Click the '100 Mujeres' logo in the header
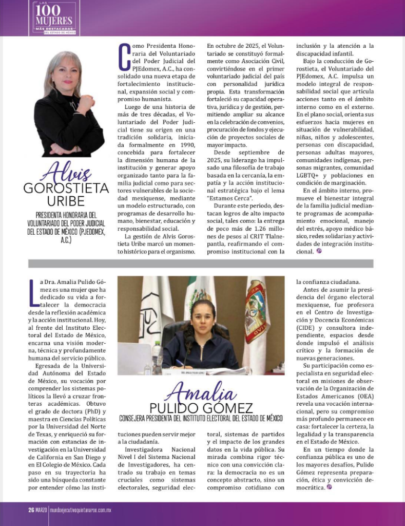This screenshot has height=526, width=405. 53,18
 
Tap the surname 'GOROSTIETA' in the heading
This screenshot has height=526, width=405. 66,188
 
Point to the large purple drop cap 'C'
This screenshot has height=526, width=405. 123,57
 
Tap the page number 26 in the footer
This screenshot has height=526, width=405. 31,510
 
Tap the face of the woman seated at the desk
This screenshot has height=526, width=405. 202,317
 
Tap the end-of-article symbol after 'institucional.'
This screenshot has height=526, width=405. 319,251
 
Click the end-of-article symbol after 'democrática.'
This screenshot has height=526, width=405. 329,486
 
